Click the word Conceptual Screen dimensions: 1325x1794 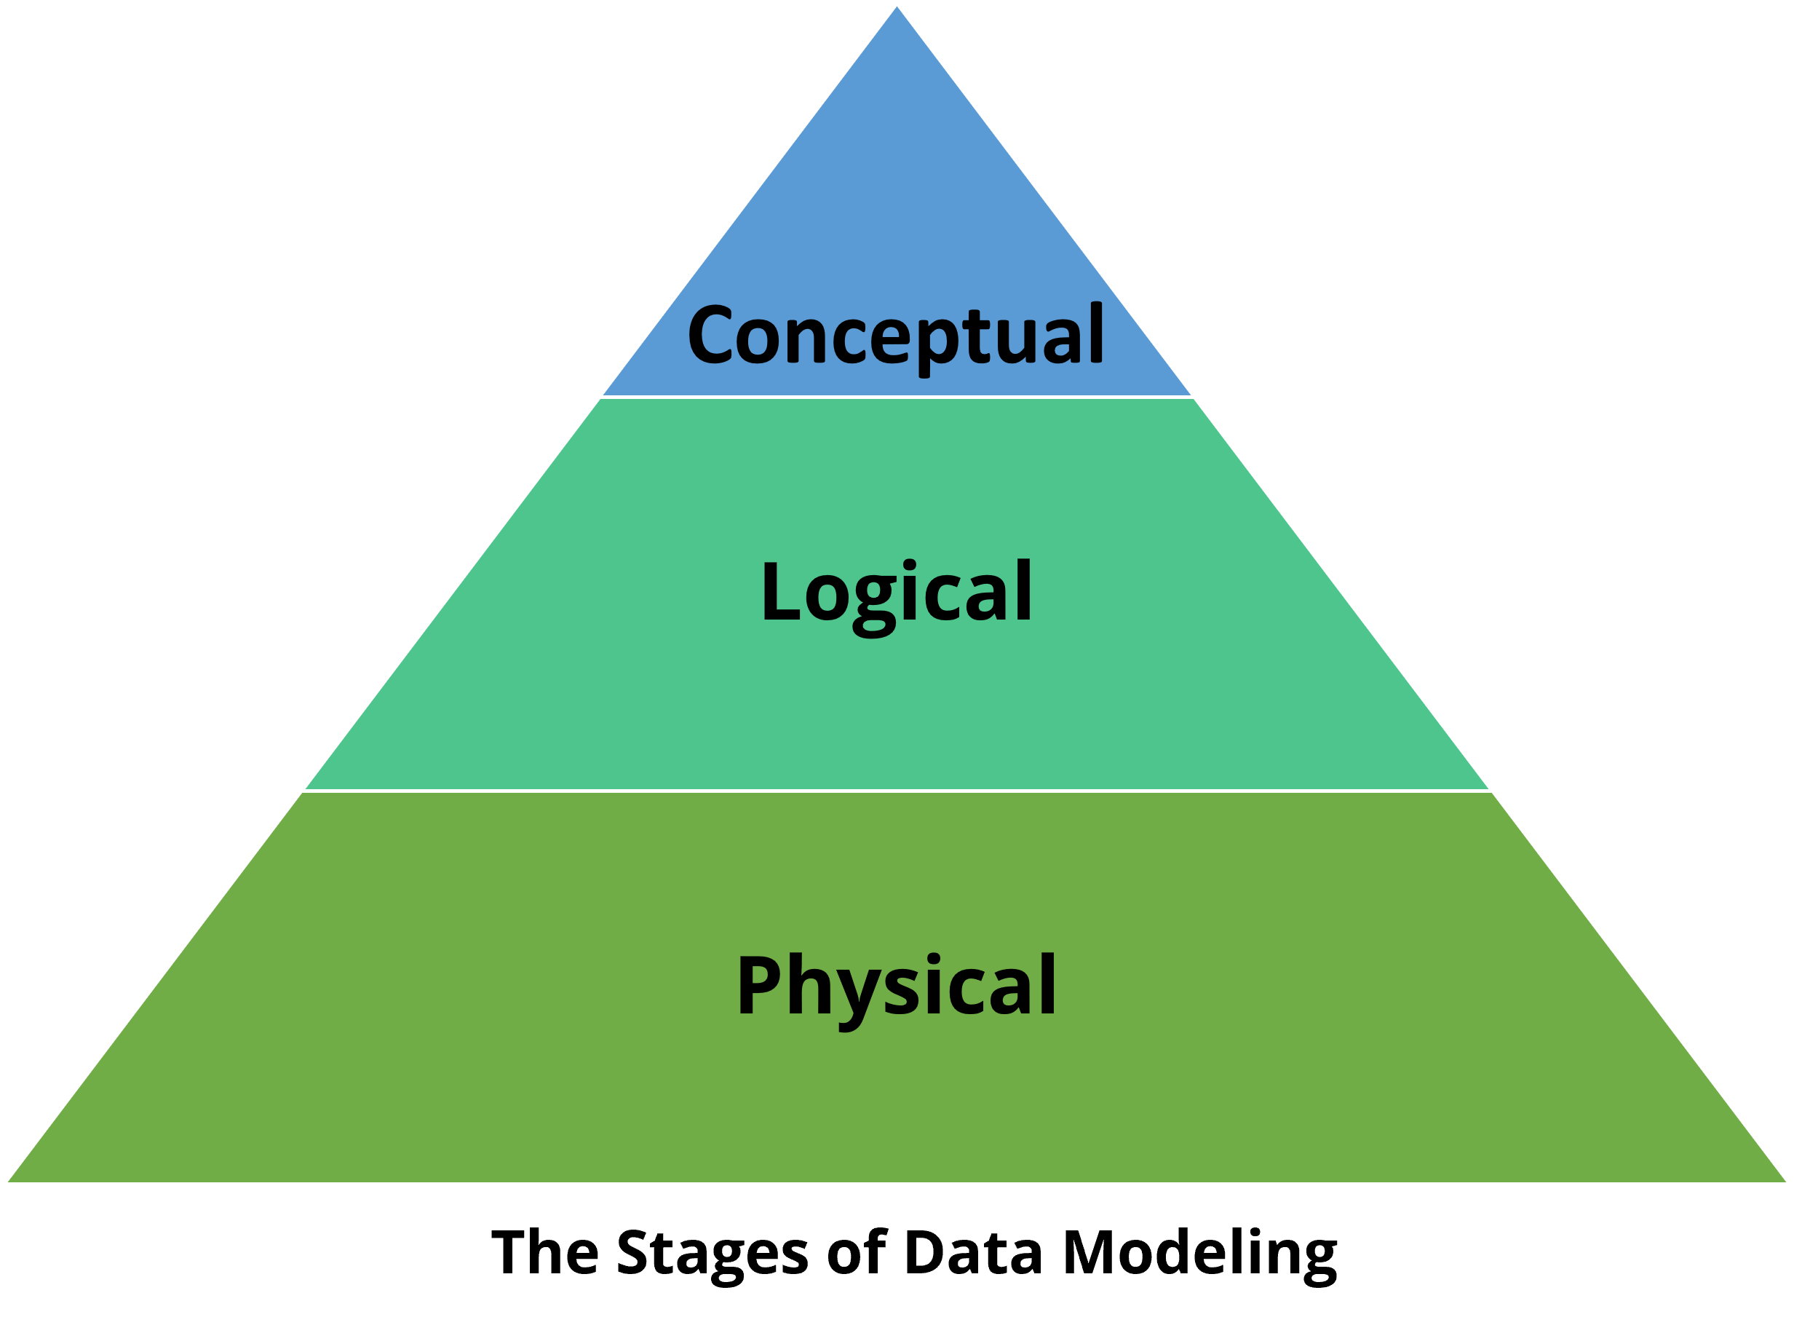pyautogui.click(x=895, y=336)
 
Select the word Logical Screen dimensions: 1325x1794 pyautogui.click(x=896, y=593)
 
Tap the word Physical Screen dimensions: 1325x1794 pyautogui.click(x=896, y=986)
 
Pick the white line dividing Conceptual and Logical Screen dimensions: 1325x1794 pyautogui.click(x=897, y=396)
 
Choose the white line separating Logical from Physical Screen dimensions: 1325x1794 pyautogui.click(x=897, y=790)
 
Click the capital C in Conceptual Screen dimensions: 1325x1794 pyautogui.click(x=710, y=334)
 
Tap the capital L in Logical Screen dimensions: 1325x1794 pyautogui.click(x=779, y=592)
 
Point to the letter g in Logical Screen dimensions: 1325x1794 pyautogui.click(x=874, y=603)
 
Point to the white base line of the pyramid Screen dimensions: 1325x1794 pyautogui.click(x=897, y=1183)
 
